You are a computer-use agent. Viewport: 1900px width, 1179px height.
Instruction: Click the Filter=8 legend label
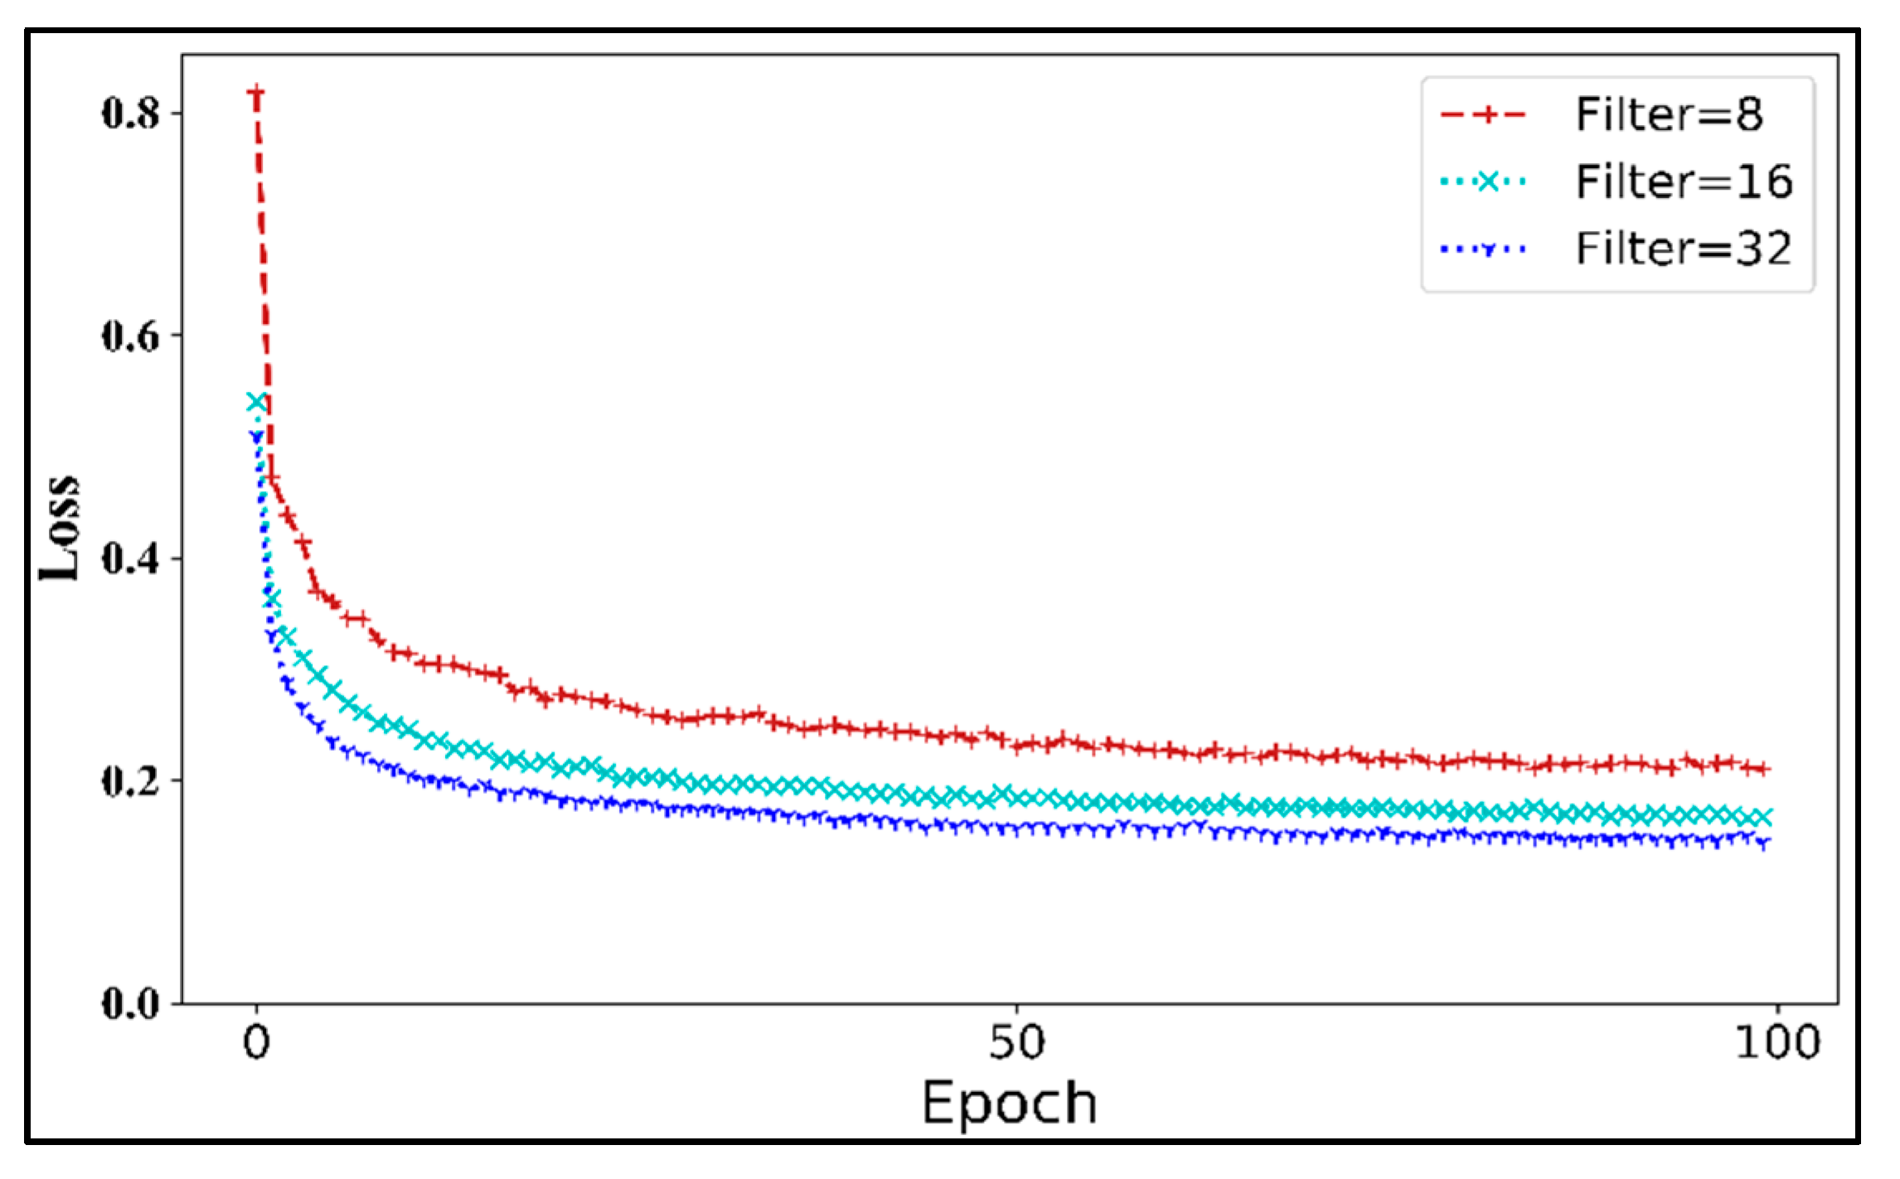pos(1668,114)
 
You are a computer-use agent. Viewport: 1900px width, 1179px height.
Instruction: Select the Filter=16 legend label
pos(1683,181)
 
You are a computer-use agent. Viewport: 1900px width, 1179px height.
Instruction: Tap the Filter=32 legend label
pos(1683,249)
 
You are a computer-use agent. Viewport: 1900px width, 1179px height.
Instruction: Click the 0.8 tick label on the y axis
pos(130,113)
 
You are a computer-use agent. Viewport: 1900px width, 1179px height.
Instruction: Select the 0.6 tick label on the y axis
pos(130,336)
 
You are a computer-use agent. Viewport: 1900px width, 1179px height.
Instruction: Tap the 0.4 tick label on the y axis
pos(130,558)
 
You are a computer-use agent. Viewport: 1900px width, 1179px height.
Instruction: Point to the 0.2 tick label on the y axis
pos(130,780)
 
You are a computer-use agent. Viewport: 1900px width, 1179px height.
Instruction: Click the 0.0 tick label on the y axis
pos(130,1003)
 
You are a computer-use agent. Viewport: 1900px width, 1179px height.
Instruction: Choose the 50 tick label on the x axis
pos(1016,1041)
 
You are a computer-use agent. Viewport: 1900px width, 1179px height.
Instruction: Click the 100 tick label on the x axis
pos(1777,1041)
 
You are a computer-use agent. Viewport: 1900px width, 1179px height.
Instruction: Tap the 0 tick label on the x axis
pos(256,1041)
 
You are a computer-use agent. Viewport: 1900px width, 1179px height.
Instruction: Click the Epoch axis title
pos(1010,1103)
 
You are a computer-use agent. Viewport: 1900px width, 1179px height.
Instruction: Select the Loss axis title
pos(61,528)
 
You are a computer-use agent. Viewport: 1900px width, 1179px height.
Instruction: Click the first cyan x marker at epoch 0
pos(257,402)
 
